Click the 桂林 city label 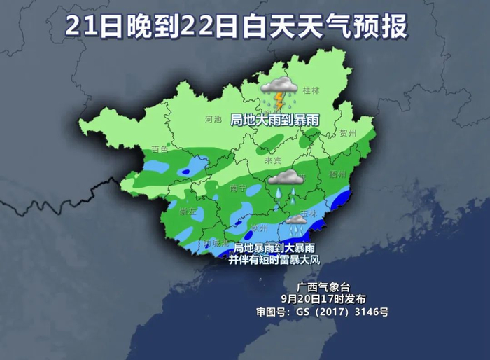(x=309, y=90)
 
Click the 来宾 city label (x=272, y=160)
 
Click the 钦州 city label (x=260, y=227)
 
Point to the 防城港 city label (x=216, y=243)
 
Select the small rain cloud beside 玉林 (x=296, y=221)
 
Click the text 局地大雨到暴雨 (x=275, y=120)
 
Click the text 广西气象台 (x=322, y=287)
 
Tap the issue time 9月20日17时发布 (x=323, y=299)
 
